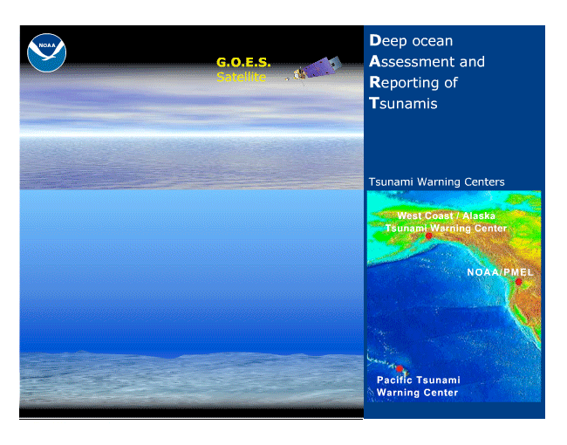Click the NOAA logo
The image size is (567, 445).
pyautogui.click(x=46, y=53)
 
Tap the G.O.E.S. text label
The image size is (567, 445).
pyautogui.click(x=243, y=62)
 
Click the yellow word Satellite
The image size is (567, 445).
pyautogui.click(x=241, y=77)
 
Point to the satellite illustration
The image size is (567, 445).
pyautogui.click(x=313, y=69)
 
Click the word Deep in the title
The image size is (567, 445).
pyautogui.click(x=388, y=41)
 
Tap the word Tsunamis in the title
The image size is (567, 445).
pyautogui.click(x=403, y=104)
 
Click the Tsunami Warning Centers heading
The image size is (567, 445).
pyautogui.click(x=436, y=181)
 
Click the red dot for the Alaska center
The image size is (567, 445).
pyautogui.click(x=429, y=236)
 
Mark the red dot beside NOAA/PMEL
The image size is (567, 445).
pyautogui.click(x=518, y=282)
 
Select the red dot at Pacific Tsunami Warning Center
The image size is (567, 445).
pyautogui.click(x=400, y=369)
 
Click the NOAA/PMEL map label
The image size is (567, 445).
pyautogui.click(x=500, y=272)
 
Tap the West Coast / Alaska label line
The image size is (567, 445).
pyautogui.click(x=447, y=216)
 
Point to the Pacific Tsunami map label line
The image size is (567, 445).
pyautogui.click(x=419, y=380)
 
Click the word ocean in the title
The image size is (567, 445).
pyautogui.click(x=432, y=41)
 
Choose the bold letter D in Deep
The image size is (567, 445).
pyautogui.click(x=375, y=40)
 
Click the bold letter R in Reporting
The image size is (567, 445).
pyautogui.click(x=375, y=82)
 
